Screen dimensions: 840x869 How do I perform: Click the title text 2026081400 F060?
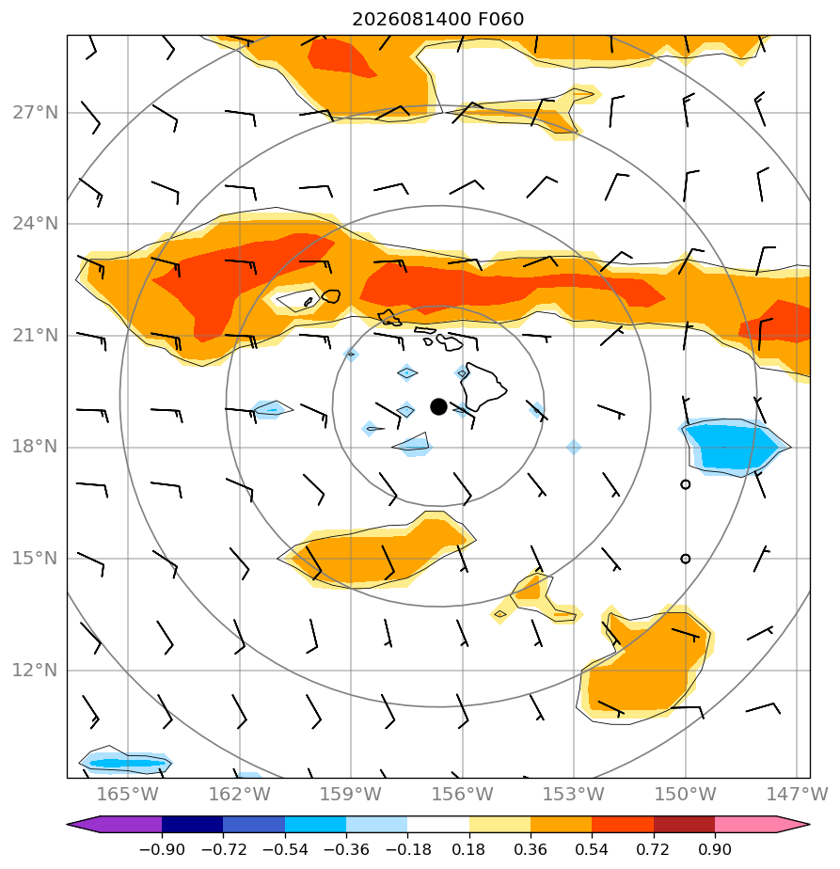[x=437, y=20]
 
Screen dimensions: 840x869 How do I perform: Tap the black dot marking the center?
[x=438, y=407]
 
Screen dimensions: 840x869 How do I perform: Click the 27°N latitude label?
[x=36, y=113]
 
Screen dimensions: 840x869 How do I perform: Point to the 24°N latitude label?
[x=36, y=224]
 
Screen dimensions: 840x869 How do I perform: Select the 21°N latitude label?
[x=36, y=336]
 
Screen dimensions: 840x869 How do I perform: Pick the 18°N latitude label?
[x=36, y=447]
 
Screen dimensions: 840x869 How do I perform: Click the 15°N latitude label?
[x=36, y=558]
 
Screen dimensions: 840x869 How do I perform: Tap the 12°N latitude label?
[x=36, y=671]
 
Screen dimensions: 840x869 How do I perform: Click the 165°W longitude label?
[x=128, y=795]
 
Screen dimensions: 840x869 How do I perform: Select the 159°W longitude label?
[x=351, y=795]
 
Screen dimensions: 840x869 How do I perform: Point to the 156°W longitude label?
[x=463, y=795]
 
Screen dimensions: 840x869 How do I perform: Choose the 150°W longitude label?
[x=686, y=795]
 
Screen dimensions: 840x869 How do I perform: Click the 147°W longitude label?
[x=798, y=795]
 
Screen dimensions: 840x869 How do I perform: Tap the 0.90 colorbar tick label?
[x=715, y=849]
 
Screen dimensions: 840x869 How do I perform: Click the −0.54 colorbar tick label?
[x=285, y=849]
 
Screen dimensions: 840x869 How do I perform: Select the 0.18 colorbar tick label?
[x=469, y=849]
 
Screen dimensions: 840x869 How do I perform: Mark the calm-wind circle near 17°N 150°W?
[x=686, y=484]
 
